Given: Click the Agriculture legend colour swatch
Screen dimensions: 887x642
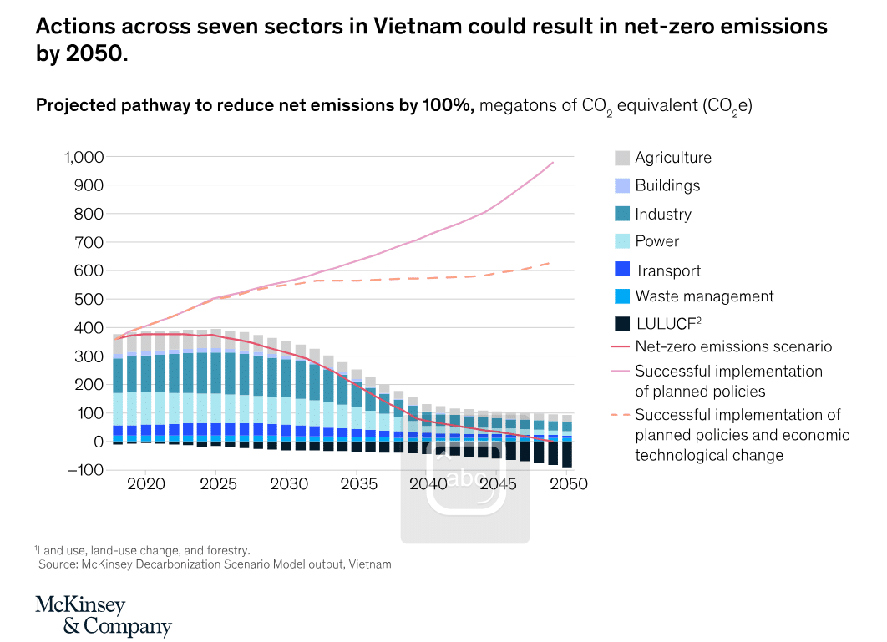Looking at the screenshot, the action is click(x=621, y=158).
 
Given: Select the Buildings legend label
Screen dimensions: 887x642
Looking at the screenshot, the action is click(x=667, y=185).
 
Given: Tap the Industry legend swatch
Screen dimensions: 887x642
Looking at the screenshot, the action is click(x=621, y=213).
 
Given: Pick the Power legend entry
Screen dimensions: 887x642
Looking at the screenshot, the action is click(x=656, y=241).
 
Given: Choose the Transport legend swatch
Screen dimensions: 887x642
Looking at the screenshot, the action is click(x=621, y=269).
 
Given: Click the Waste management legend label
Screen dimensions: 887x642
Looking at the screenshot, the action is click(x=704, y=296).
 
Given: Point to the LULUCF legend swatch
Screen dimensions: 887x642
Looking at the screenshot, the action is click(x=621, y=324).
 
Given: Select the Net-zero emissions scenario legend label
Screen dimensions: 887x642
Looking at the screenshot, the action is click(x=733, y=346).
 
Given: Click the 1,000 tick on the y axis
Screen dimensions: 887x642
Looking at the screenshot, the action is click(x=84, y=157).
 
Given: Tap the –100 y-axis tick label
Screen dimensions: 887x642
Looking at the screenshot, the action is click(x=85, y=470).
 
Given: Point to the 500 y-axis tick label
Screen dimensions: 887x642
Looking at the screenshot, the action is click(x=89, y=299).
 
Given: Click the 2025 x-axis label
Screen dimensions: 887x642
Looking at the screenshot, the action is click(x=218, y=484).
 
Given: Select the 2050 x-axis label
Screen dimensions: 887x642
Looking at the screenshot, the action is click(x=569, y=484).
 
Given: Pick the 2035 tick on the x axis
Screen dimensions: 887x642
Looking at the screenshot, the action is click(x=358, y=484).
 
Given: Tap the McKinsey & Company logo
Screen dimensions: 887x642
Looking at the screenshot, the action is click(x=103, y=615).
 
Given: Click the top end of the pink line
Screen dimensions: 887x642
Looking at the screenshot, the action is click(x=553, y=163).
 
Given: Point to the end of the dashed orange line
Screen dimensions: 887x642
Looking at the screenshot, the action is click(x=550, y=263).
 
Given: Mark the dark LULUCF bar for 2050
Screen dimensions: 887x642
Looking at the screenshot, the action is click(x=567, y=454).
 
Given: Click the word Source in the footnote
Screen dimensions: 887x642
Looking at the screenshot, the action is click(x=57, y=564).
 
